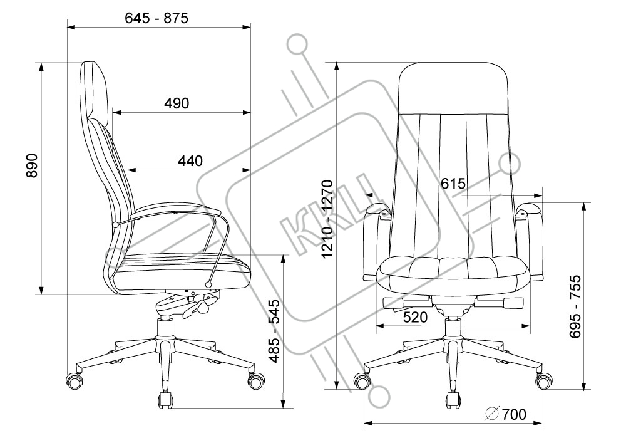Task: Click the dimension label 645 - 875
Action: [x=156, y=18]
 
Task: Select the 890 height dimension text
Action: [x=31, y=165]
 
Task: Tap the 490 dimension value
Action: [x=177, y=103]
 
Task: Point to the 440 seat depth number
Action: [x=190, y=161]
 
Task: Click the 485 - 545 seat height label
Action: [x=274, y=331]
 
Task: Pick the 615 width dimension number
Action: [x=453, y=184]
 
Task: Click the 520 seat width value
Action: [x=415, y=317]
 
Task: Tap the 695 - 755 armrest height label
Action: [x=575, y=306]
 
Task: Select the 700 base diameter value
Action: [x=514, y=415]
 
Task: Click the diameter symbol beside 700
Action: [x=492, y=415]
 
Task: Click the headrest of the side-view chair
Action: [x=96, y=90]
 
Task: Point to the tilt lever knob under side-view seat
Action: [x=203, y=308]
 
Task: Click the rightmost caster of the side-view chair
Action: [x=255, y=378]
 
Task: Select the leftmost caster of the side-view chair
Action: [x=74, y=380]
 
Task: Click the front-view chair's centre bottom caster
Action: [x=453, y=400]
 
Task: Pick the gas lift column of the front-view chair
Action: [x=453, y=328]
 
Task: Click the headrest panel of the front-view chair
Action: [x=453, y=88]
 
